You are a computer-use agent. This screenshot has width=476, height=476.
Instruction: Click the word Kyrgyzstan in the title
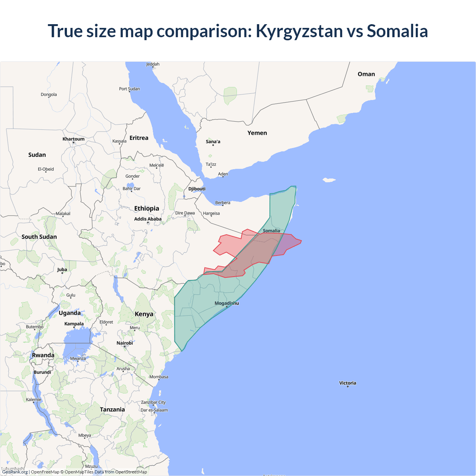299,31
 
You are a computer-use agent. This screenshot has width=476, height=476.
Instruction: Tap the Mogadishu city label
227,303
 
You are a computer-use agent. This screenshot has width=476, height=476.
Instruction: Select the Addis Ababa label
148,219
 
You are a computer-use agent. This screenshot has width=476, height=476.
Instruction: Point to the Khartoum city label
74,139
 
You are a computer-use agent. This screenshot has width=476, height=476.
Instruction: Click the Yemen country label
257,133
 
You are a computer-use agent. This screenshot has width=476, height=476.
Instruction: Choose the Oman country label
366,74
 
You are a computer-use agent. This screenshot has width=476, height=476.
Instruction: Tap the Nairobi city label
125,343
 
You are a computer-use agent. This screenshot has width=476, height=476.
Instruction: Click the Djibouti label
197,189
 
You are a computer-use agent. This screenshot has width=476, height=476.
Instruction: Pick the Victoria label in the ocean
348,383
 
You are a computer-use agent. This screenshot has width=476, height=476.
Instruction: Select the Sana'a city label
213,142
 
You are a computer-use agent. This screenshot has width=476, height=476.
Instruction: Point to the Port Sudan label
129,89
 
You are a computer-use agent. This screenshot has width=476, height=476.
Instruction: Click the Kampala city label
74,324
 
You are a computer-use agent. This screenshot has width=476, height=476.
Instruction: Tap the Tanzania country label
112,409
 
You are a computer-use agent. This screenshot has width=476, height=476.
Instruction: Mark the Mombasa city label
159,377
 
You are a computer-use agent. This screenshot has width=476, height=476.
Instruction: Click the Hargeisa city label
211,213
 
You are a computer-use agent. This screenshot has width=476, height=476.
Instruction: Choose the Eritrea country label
139,138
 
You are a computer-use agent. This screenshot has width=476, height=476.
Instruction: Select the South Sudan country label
39,237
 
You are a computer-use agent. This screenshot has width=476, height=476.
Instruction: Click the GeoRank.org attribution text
15,472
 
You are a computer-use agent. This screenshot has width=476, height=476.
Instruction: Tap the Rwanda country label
43,356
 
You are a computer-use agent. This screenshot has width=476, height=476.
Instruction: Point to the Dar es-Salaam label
154,410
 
